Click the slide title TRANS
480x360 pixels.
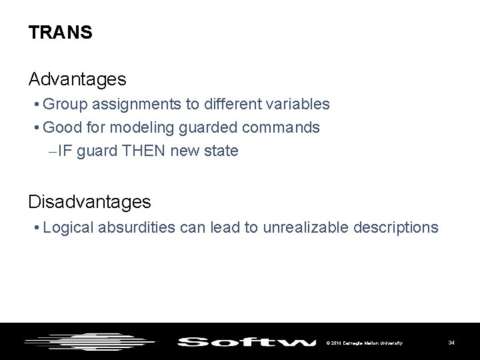coord(61,33)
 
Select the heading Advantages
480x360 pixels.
coord(77,79)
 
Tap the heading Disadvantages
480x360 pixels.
coord(89,201)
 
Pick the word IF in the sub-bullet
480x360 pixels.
coord(65,151)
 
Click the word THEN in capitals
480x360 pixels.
coord(145,151)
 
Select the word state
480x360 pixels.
coord(221,151)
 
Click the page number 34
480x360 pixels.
coord(451,343)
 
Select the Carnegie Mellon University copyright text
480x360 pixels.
coord(364,343)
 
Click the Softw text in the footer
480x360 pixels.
coord(246,342)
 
